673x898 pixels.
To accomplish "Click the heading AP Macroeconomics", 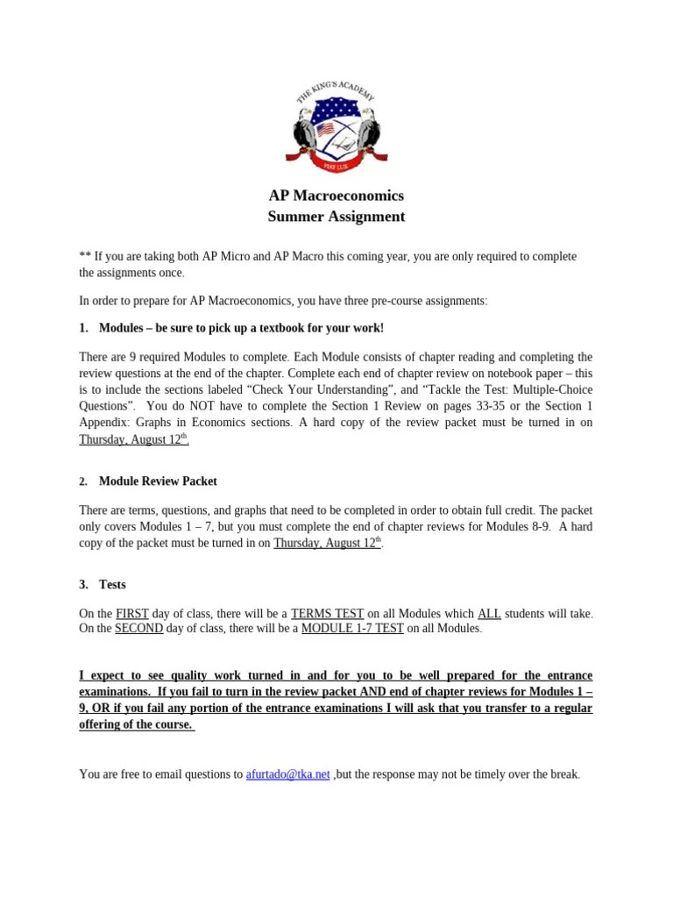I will (336, 196).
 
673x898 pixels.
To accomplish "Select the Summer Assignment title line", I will (336, 216).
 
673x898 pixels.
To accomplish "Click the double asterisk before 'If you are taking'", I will (85, 256).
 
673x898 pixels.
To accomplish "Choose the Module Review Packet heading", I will (158, 481).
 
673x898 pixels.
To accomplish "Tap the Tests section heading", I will (112, 584).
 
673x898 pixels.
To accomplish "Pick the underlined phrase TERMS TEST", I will (327, 613).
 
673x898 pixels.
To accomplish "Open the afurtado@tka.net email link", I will (288, 774).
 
